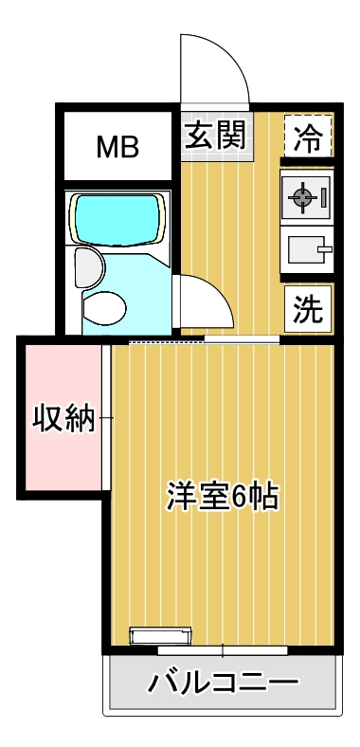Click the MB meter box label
pos(117,147)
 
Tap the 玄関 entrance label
pos(215,135)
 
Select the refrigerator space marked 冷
pos(308,137)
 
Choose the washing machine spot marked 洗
pos(308,308)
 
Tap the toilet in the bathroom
pos(104,308)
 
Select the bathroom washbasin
pos(89,267)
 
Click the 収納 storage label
pos(63,418)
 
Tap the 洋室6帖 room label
pos(223,496)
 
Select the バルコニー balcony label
pos(223,683)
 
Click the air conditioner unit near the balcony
pos(160,636)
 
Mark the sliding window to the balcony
pos(223,650)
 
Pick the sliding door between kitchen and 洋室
pos(242,339)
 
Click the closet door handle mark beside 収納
pos(107,418)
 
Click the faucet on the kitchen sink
pos(325,249)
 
